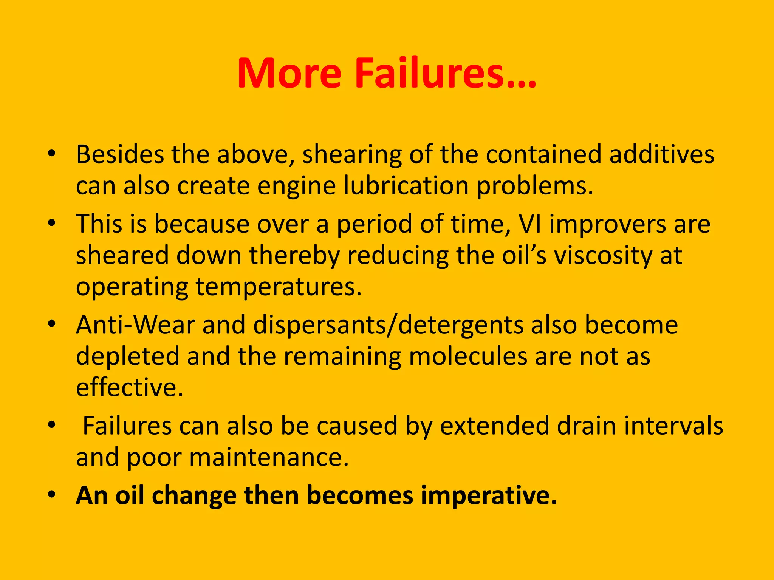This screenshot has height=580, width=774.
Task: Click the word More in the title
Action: pyautogui.click(x=289, y=73)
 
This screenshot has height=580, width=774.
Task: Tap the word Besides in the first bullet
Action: pyautogui.click(x=120, y=154)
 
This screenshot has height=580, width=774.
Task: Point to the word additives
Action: pyautogui.click(x=662, y=154)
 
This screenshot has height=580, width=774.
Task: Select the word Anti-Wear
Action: pyautogui.click(x=136, y=325)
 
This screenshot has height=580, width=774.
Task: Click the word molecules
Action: pyautogui.click(x=468, y=356)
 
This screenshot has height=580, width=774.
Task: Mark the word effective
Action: pyautogui.click(x=130, y=387)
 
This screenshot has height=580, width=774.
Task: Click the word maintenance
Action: pyautogui.click(x=269, y=457)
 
